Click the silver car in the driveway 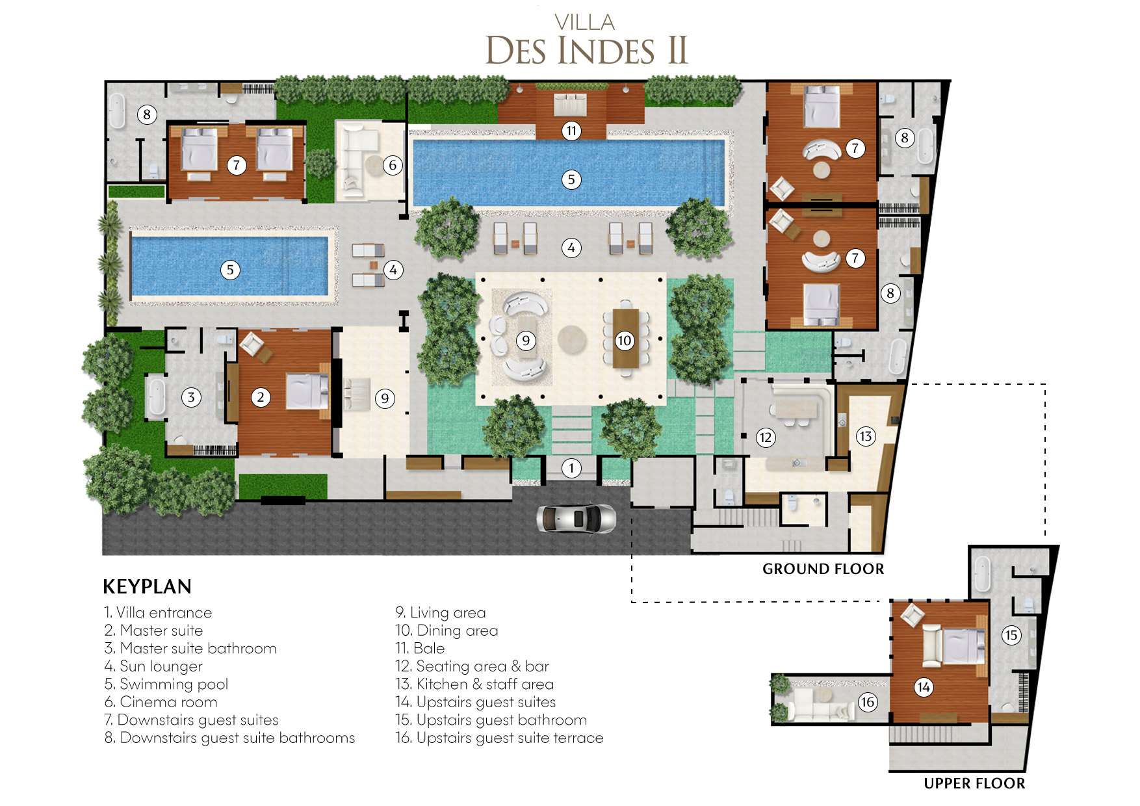[576, 519]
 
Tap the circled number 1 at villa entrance [571, 468]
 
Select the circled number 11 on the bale [571, 131]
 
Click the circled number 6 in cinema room [393, 165]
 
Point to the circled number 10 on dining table [625, 341]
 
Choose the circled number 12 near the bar [766, 437]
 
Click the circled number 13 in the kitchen [865, 436]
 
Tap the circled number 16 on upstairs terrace [868, 702]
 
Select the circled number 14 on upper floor [924, 687]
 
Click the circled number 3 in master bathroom [191, 397]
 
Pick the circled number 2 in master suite [261, 397]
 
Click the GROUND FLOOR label [823, 569]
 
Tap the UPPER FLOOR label [974, 783]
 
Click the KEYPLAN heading [148, 586]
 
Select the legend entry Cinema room [161, 702]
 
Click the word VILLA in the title [585, 23]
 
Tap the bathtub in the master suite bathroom [156, 396]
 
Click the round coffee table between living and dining [572, 339]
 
